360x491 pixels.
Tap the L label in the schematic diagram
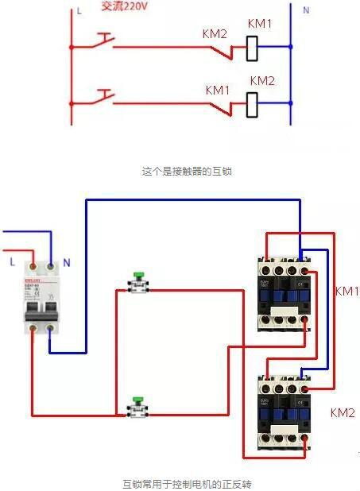pos(79,12)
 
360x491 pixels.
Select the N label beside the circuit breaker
pos(66,261)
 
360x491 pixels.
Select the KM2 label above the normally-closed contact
pos(215,34)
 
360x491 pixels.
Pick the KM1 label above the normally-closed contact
pos(218,90)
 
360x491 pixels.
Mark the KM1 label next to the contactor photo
pos(346,292)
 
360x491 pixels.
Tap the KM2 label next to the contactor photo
pos(343,413)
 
